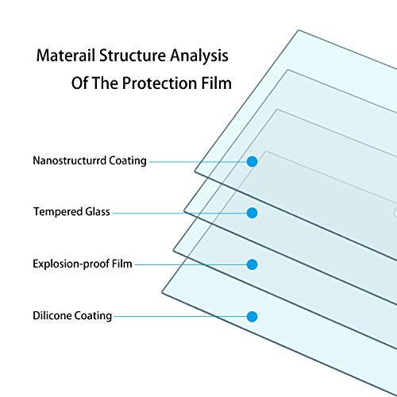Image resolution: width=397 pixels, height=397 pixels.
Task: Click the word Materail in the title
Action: point(66,56)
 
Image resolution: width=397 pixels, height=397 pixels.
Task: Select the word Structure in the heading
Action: point(133,56)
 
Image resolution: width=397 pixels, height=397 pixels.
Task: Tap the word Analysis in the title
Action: point(199,56)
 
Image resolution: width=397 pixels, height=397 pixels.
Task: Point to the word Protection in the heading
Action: point(160,83)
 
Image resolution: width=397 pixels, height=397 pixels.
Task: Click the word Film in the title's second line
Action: point(217,83)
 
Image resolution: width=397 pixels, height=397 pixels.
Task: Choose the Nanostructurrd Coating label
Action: point(90,161)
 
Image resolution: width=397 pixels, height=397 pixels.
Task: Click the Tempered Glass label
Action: point(71,212)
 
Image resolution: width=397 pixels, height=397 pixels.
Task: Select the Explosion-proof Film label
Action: point(83,264)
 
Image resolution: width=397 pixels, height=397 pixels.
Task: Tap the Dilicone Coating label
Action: point(72,316)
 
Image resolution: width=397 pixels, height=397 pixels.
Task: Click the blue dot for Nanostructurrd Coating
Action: point(252,161)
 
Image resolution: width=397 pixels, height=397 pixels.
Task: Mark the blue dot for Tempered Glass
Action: point(252,213)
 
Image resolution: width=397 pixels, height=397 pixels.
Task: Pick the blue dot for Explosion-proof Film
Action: point(252,264)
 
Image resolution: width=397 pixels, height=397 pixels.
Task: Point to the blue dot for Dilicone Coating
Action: point(252,317)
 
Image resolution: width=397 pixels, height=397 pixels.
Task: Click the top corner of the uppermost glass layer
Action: point(299,30)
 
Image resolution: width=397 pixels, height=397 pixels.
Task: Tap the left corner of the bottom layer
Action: point(162,292)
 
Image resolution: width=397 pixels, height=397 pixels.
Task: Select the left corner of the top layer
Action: point(195,172)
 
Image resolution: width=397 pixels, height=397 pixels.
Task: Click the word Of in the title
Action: point(79,83)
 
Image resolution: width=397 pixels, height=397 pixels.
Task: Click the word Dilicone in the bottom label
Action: point(52,316)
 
